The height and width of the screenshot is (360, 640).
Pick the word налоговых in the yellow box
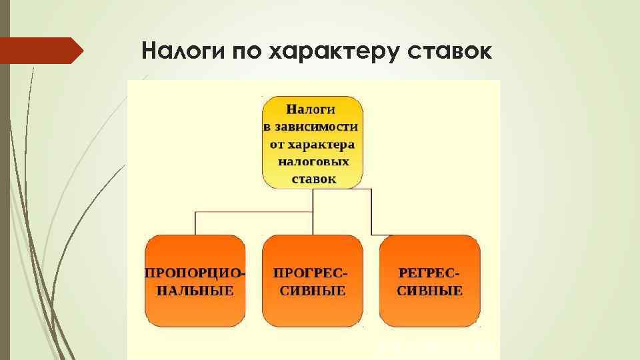click(313, 161)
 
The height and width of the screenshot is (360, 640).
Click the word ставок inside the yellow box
click(314, 179)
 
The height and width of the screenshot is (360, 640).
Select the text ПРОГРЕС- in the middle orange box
click(311, 273)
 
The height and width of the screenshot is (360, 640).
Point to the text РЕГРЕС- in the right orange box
click(430, 273)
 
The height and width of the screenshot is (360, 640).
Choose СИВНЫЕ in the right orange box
click(430, 291)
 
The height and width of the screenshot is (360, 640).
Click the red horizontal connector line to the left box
click(253, 213)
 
